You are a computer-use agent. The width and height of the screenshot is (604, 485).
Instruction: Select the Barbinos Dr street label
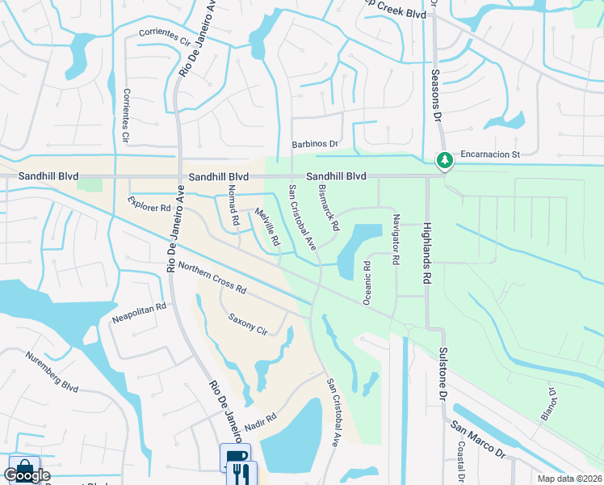(x=314, y=144)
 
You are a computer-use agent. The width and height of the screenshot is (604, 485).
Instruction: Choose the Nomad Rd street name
(x=233, y=205)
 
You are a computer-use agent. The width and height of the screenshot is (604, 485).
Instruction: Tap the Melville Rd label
(x=267, y=227)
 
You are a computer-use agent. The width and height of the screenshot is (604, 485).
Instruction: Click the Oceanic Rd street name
(x=367, y=282)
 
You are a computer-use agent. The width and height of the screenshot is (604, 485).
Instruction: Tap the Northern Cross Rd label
(x=212, y=278)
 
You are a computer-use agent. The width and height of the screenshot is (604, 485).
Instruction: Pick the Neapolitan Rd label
(x=139, y=307)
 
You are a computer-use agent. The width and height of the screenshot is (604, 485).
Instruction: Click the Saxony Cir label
(x=248, y=323)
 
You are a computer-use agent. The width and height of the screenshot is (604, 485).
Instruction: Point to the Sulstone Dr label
(x=443, y=374)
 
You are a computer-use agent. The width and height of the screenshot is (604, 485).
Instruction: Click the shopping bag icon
(x=23, y=469)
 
